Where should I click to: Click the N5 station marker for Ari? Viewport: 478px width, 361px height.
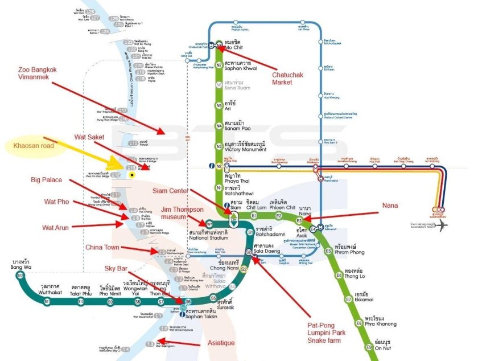(219, 105)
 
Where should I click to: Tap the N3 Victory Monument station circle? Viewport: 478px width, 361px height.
(219, 146)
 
